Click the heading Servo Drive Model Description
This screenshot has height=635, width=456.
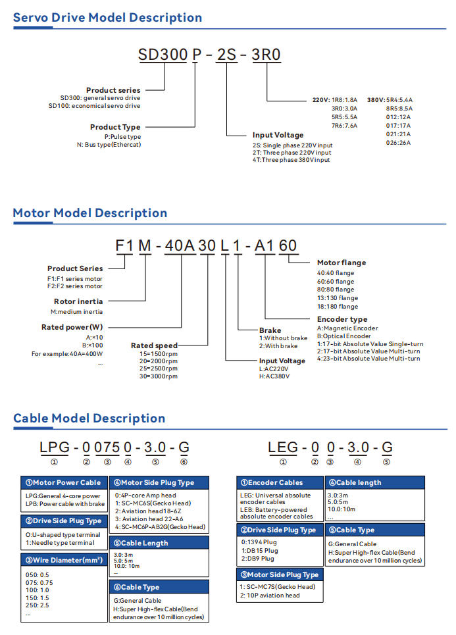pyautogui.click(x=107, y=18)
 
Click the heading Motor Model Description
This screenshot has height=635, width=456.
pyautogui.click(x=90, y=213)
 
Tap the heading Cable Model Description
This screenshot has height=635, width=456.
pyautogui.click(x=89, y=418)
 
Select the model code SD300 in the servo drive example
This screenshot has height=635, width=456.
pyautogui.click(x=163, y=55)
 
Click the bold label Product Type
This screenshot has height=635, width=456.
pyautogui.click(x=115, y=127)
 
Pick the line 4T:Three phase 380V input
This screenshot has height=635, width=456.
pyautogui.click(x=291, y=160)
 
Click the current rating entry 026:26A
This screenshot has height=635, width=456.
pyautogui.click(x=399, y=142)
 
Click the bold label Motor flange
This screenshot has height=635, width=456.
pyautogui.click(x=341, y=263)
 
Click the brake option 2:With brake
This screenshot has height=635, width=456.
pyautogui.click(x=278, y=346)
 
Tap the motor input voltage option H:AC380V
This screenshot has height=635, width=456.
pyautogui.click(x=274, y=376)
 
